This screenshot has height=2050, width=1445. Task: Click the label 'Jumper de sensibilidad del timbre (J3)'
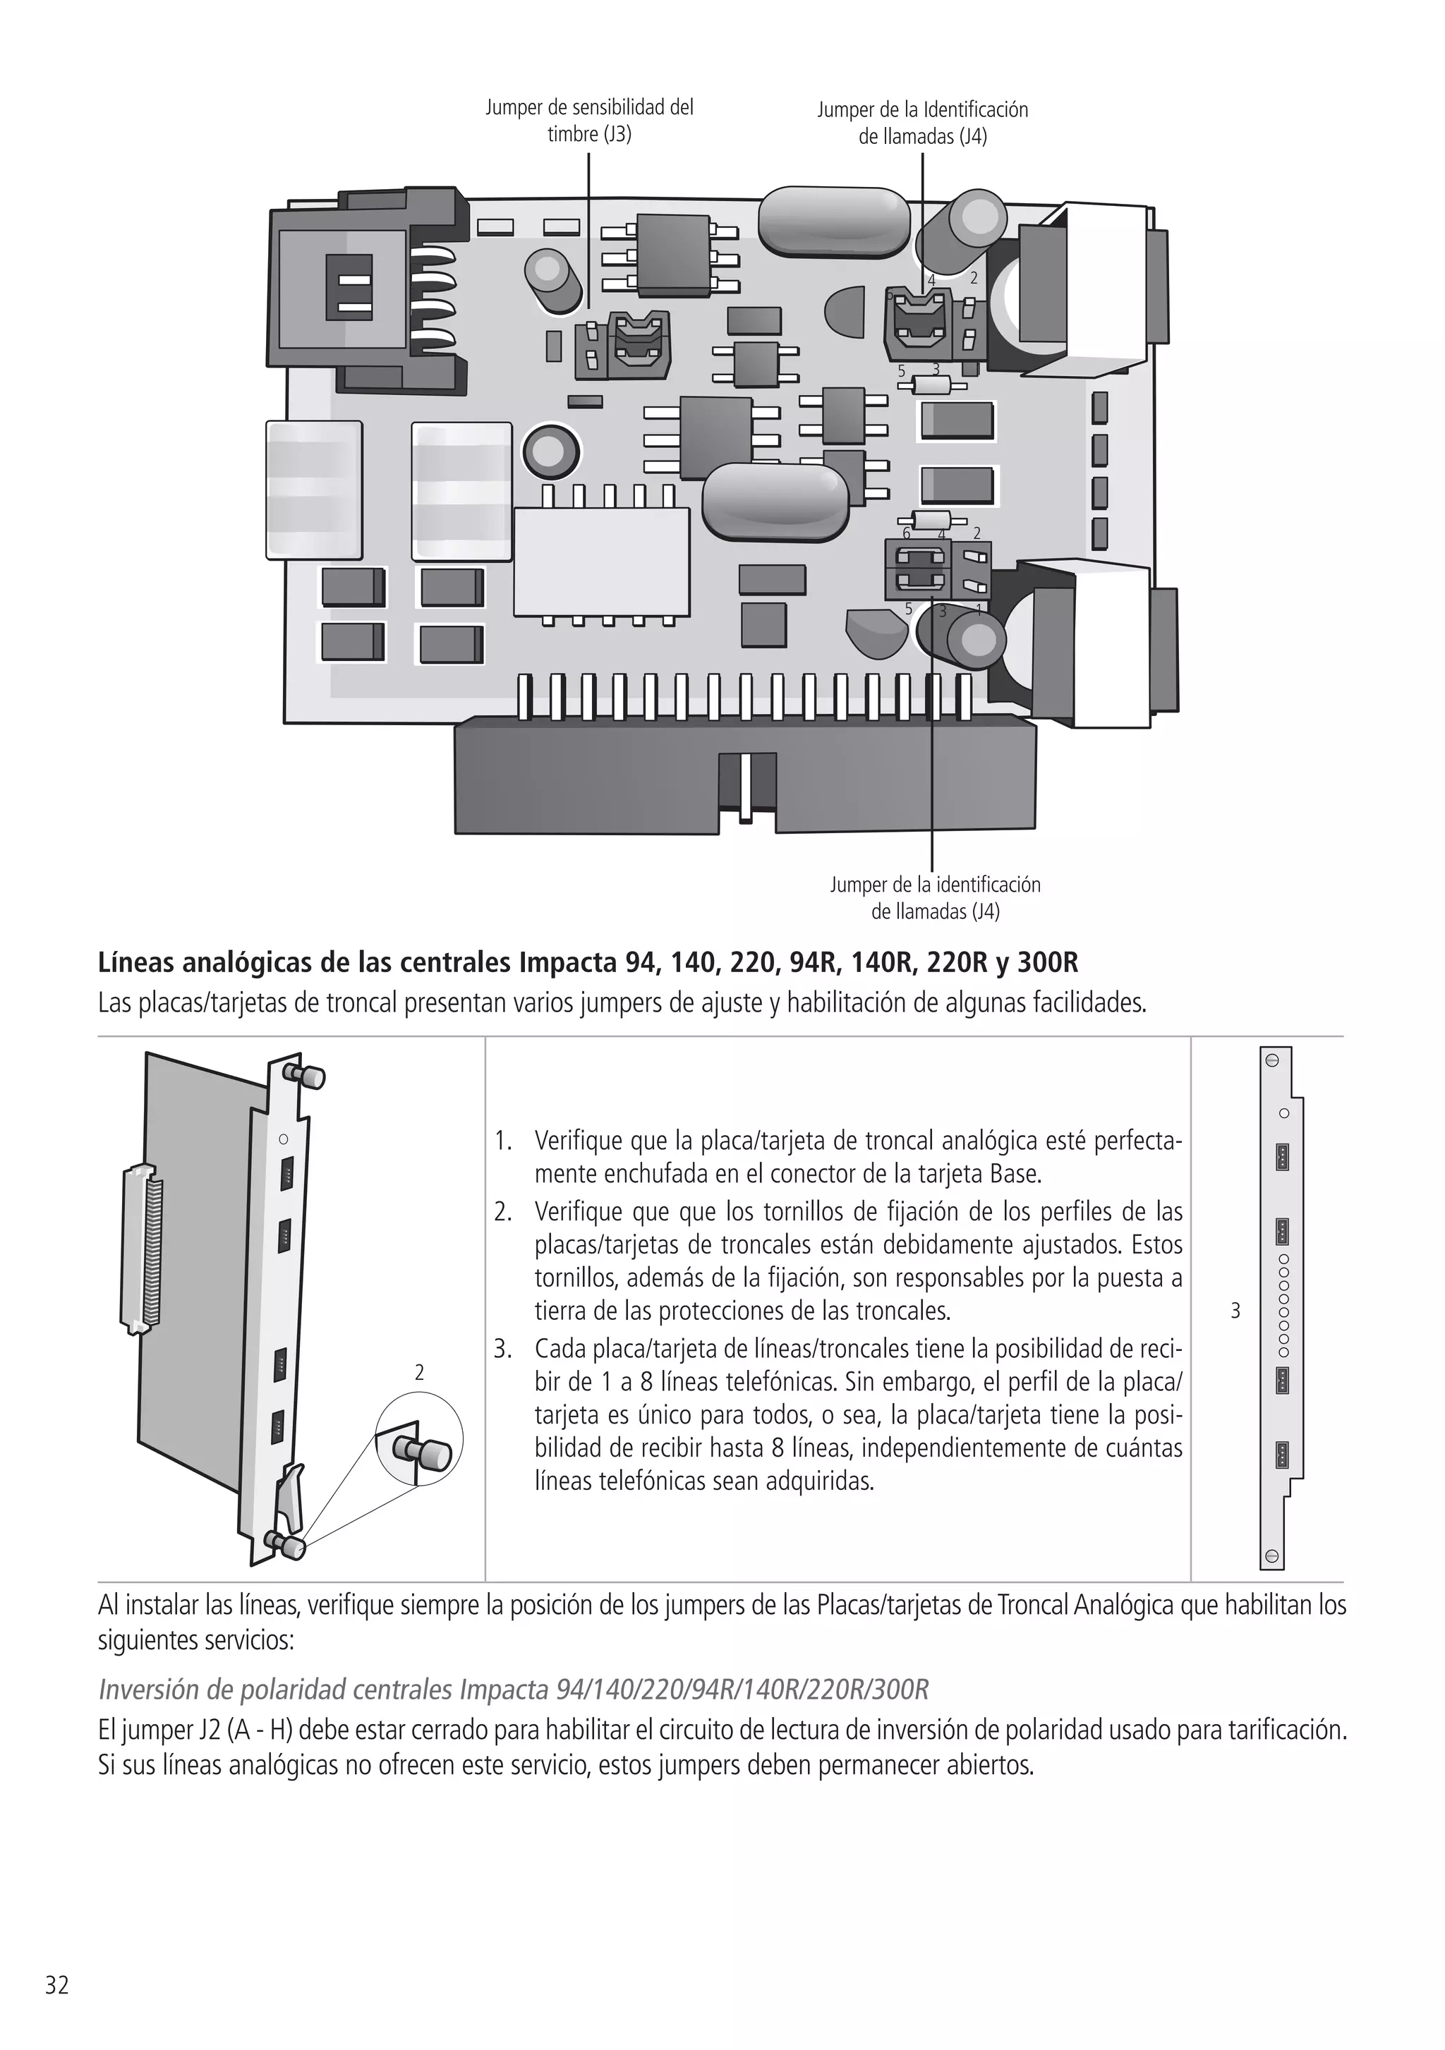pos(588,121)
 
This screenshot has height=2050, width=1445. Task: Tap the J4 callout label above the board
pos(923,123)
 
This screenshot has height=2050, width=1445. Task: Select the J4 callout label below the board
pos(935,897)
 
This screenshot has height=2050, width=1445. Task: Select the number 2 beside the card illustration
pos(420,1372)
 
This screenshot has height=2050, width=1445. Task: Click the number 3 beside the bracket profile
pos(1235,1311)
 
